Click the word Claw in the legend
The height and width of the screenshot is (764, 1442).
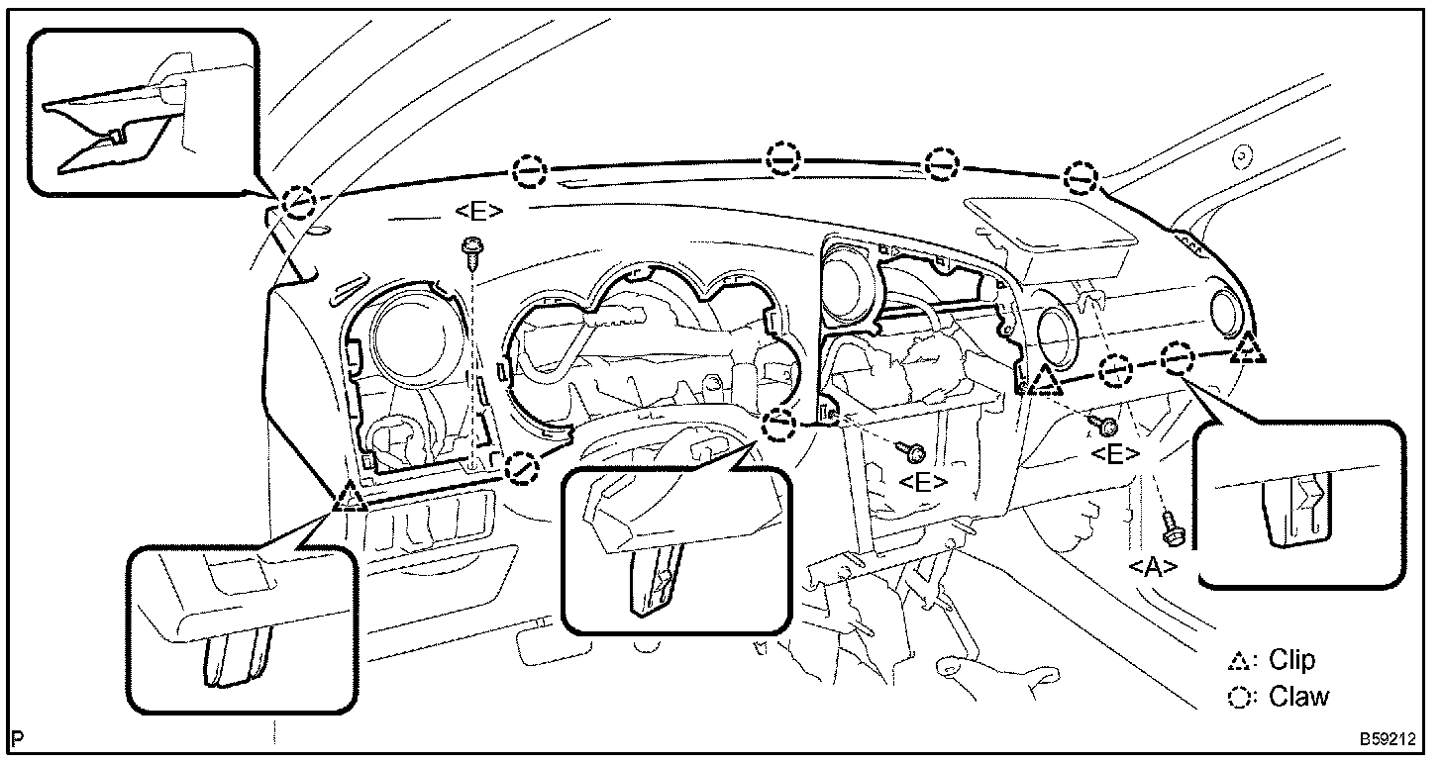[1298, 697]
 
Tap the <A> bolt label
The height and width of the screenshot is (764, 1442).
[1153, 566]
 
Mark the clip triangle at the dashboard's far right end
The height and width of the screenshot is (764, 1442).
[1251, 348]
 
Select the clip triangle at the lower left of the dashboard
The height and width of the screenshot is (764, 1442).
[349, 496]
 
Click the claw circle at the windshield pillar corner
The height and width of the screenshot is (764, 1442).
[297, 203]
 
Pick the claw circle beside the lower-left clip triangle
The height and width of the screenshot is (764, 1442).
[522, 467]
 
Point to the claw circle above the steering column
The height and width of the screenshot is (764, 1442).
[780, 426]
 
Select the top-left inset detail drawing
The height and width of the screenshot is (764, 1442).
[145, 111]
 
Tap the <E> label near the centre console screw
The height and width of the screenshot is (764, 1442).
[923, 482]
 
